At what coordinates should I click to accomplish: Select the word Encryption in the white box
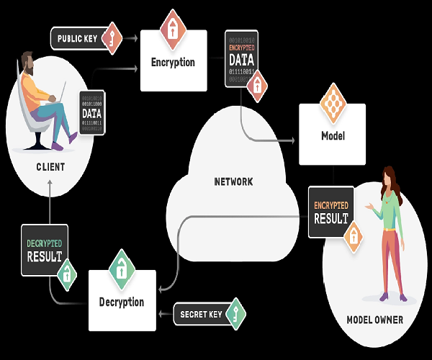click(173, 62)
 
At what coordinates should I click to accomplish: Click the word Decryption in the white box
click(122, 302)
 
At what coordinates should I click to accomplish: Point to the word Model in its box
click(333, 135)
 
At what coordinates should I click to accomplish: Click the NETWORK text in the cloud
click(233, 181)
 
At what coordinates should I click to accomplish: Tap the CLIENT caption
click(50, 167)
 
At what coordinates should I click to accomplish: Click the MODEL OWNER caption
click(375, 320)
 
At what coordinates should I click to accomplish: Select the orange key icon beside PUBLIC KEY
click(112, 37)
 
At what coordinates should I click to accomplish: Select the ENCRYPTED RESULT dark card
click(331, 212)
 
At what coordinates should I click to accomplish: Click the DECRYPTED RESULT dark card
click(44, 249)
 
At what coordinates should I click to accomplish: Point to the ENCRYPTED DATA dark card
click(241, 59)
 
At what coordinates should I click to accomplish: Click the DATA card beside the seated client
click(91, 113)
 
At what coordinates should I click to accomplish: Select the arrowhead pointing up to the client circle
click(50, 183)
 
